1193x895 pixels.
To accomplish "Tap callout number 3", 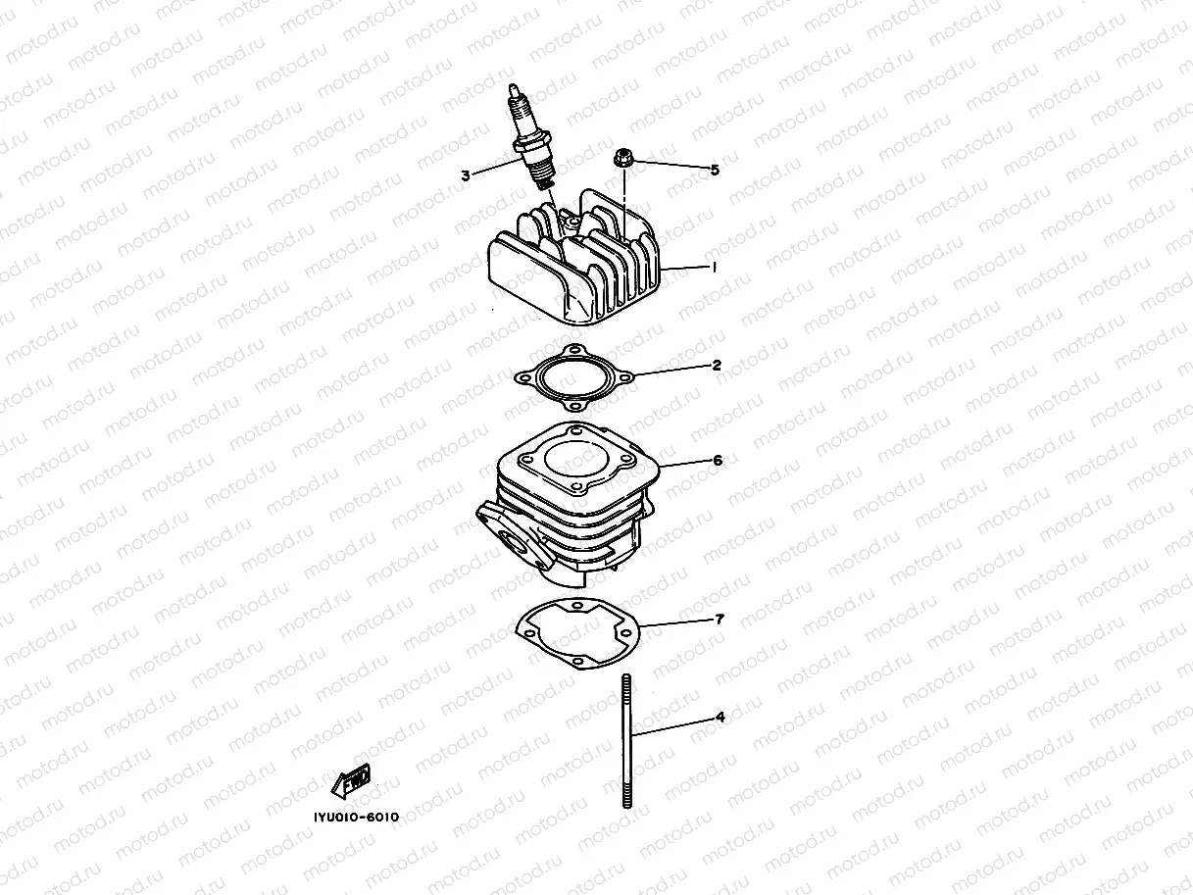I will click(x=465, y=175).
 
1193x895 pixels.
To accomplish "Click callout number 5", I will click(x=715, y=170).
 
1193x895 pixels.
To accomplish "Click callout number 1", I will click(x=715, y=267).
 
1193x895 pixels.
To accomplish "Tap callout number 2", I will click(x=717, y=365).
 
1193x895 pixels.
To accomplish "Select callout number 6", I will click(x=718, y=459).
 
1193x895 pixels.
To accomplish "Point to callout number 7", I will click(x=719, y=620).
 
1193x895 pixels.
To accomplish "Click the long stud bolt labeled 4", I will click(x=624, y=740).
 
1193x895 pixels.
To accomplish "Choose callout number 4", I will click(x=720, y=718).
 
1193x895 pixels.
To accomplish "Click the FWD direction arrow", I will click(x=351, y=781).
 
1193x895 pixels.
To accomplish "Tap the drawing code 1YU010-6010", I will click(x=350, y=817).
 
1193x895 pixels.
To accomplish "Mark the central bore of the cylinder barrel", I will click(x=575, y=460).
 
